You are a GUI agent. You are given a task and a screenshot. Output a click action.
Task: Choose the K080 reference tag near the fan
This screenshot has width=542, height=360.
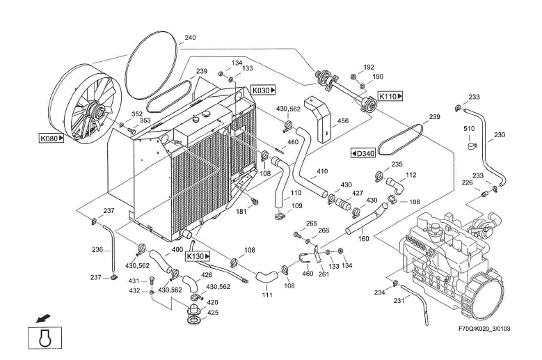51,138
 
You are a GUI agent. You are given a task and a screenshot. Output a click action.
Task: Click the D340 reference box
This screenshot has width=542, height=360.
362,152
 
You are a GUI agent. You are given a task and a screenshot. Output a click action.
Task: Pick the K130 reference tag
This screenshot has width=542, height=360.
197,256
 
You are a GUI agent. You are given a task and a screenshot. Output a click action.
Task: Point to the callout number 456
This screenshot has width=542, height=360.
343,121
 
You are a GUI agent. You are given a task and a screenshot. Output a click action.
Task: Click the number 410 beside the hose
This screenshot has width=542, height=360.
322,171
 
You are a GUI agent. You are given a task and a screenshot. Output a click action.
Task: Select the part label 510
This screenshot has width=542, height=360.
469,128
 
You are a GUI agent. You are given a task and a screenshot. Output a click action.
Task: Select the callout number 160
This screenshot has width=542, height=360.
363,237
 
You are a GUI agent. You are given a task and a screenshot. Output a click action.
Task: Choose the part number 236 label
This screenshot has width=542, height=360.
97,249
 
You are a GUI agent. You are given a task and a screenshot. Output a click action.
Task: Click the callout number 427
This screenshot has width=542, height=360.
357,193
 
